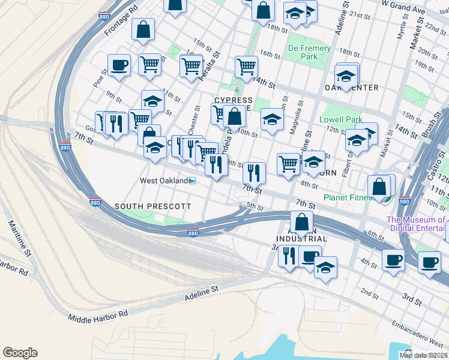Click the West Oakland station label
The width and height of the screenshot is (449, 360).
pyautogui.click(x=163, y=181)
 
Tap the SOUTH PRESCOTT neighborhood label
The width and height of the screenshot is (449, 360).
pyautogui.click(x=152, y=206)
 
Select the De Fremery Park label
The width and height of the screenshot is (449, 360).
pyautogui.click(x=309, y=52)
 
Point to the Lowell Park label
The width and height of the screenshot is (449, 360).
pyautogui.click(x=340, y=119)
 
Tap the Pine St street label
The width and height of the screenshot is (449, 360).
pyautogui.click(x=100, y=80)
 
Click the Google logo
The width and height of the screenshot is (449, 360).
pyautogui.click(x=20, y=353)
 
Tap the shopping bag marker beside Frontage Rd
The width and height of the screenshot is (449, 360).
pyautogui.click(x=143, y=29)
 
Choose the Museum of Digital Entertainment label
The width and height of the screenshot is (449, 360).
pyautogui.click(x=418, y=223)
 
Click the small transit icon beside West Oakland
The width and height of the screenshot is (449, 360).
pyautogui.click(x=192, y=181)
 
